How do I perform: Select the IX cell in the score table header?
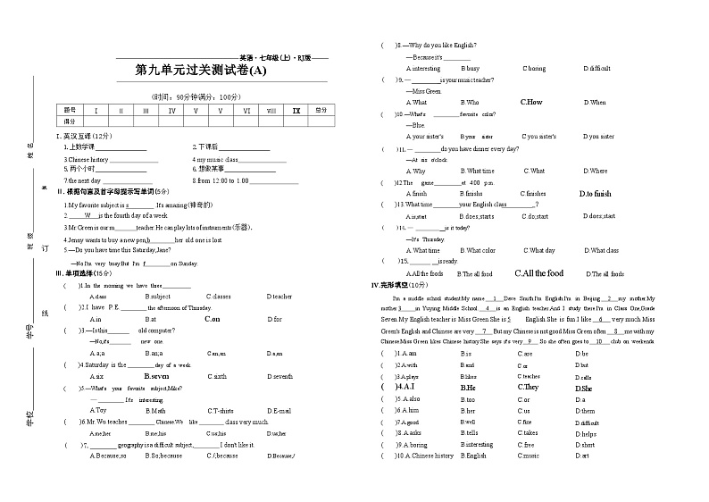pos(296,110)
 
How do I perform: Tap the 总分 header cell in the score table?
pos(321,110)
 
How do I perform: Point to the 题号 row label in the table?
pos(71,110)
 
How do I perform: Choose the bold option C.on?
pos(212,318)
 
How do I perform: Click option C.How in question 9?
pos(531,102)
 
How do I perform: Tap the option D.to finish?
pos(596,193)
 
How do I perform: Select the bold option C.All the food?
pos(538,273)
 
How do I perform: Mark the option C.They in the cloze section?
pos(528,388)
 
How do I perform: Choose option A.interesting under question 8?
pos(422,68)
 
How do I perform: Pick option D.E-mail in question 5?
pos(279,410)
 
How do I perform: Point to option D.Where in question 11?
pos(596,171)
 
